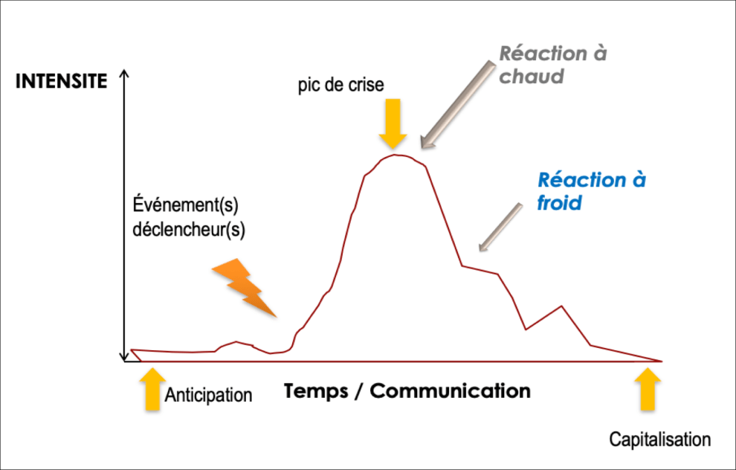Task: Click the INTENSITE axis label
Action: click(x=62, y=81)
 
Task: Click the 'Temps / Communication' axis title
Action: click(x=407, y=390)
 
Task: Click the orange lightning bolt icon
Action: click(x=245, y=288)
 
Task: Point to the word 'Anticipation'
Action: click(x=209, y=395)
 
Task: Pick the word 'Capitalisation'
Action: click(x=659, y=440)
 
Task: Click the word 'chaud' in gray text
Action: click(x=531, y=77)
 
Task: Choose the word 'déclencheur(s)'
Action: click(x=189, y=228)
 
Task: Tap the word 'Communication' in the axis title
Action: click(x=450, y=390)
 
